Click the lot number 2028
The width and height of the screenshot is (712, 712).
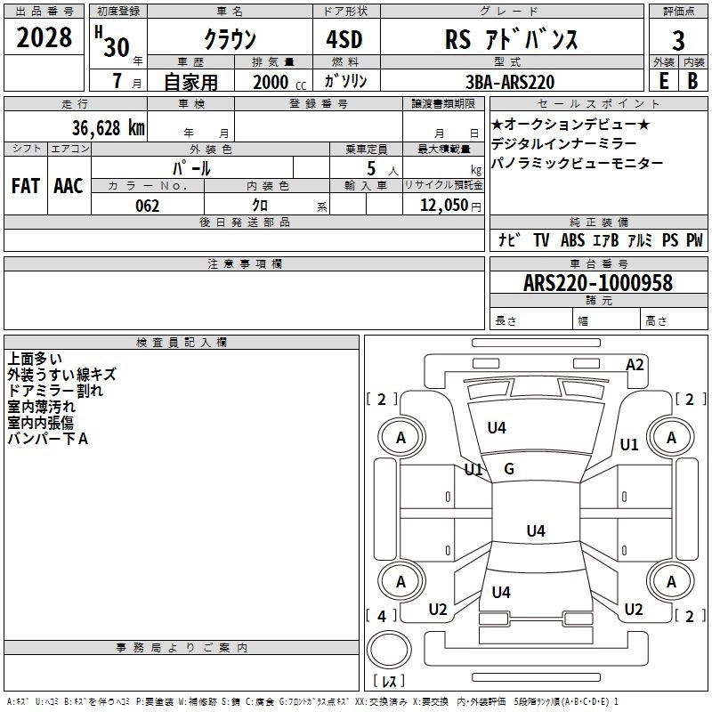[44, 37]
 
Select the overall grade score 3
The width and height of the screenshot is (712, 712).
[678, 41]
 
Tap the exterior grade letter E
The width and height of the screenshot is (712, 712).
[663, 81]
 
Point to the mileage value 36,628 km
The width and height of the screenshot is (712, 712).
[108, 128]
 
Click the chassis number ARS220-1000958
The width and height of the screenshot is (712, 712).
[598, 283]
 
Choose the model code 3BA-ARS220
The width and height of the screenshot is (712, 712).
[510, 82]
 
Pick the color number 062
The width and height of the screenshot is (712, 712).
[147, 206]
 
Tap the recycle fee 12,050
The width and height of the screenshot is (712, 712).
[443, 206]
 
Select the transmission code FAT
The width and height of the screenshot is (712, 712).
[26, 186]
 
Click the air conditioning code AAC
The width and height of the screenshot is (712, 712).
[69, 186]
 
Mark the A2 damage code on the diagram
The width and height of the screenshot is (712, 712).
[635, 365]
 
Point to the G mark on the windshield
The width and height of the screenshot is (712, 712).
[509, 469]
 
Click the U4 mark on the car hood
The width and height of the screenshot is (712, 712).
[497, 427]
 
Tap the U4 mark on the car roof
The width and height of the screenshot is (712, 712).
[536, 530]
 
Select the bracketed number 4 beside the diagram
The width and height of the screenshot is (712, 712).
[382, 616]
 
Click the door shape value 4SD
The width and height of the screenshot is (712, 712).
[344, 39]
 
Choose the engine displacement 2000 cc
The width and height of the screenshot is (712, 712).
[279, 82]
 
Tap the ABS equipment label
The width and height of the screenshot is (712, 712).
[572, 239]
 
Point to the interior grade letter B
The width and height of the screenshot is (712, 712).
[692, 81]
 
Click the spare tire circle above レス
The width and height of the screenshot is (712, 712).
[389, 650]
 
